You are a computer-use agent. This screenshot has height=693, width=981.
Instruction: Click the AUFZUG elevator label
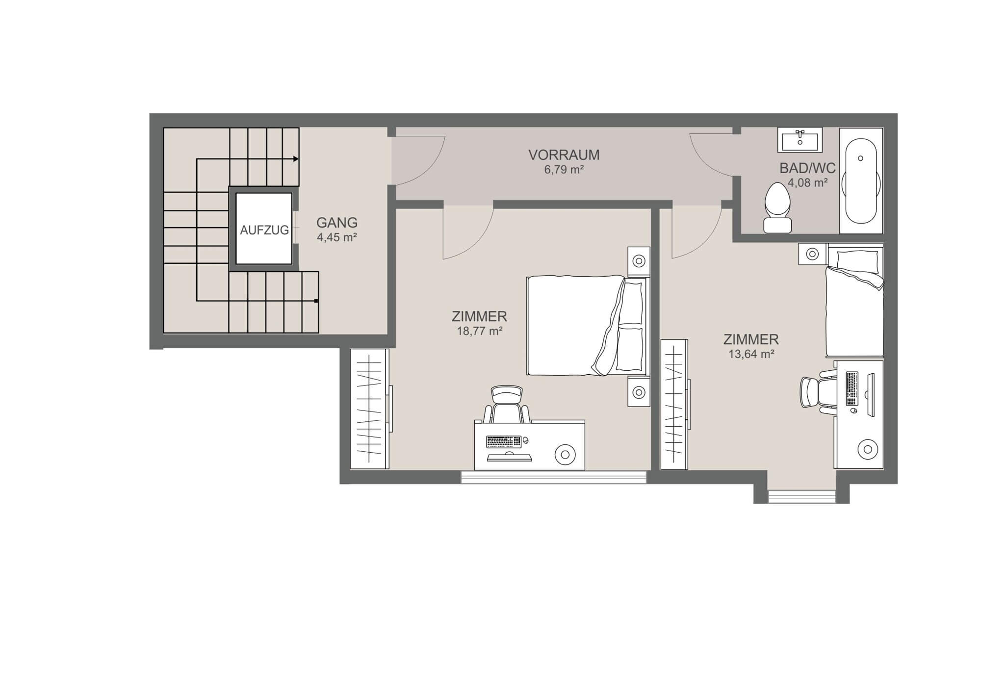264,230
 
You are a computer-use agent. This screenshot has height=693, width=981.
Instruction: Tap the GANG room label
337,223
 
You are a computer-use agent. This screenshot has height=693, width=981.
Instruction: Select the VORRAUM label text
564,155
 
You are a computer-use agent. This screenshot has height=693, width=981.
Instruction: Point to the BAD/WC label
808,168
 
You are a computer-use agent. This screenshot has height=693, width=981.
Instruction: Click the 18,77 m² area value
480,331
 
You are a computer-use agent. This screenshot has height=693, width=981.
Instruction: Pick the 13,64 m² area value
751,354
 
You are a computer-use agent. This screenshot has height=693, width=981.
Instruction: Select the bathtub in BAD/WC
861,181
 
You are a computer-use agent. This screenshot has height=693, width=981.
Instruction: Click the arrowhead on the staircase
296,159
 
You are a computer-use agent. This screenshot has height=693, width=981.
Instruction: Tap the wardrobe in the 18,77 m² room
370,409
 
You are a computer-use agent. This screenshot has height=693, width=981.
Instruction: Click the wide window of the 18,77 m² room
554,477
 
